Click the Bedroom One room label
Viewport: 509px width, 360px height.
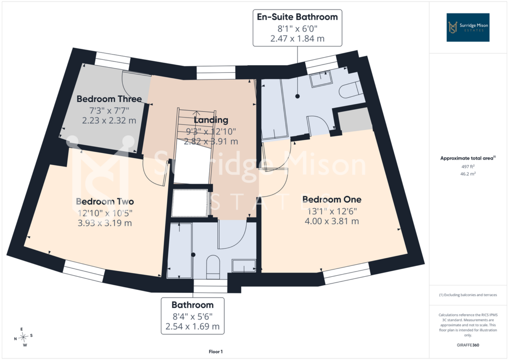pos(332,199)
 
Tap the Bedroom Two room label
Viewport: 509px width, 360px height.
pos(105,202)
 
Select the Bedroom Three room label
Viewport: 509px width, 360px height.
pos(109,99)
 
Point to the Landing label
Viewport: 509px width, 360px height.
pos(211,120)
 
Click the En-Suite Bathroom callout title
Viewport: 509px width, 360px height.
pos(297,17)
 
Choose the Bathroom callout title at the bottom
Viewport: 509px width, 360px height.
pos(193,305)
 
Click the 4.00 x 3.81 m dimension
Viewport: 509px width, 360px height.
pos(332,221)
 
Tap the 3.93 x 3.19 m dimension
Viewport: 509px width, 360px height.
pos(105,223)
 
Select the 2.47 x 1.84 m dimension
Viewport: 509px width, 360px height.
pos(297,39)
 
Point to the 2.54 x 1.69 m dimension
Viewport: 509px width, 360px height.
pos(193,326)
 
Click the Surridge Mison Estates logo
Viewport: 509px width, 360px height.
pos(468,27)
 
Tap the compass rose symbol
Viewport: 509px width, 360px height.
pos(23,337)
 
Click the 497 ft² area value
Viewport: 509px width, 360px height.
pos(468,166)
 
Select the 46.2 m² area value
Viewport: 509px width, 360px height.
pos(468,174)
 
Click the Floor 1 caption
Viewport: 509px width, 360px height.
pos(216,351)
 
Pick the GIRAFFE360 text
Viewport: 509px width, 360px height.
pos(468,345)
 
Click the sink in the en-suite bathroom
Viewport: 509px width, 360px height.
pos(321,79)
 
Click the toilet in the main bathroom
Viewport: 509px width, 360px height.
pos(213,267)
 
